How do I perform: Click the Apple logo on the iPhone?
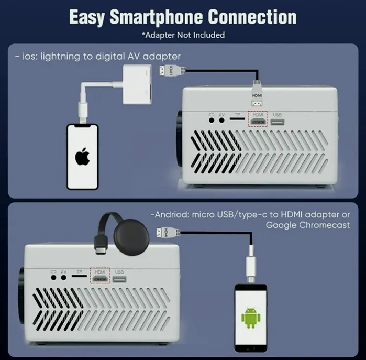pos(82,157)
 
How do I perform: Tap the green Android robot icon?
pos(251,318)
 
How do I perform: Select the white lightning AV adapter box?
pos(137,84)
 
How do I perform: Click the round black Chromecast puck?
pos(131,237)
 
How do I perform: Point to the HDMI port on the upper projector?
pos(258,122)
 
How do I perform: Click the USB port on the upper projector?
pos(278,122)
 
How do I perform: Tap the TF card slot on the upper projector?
pos(237,119)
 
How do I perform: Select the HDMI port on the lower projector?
pos(100,279)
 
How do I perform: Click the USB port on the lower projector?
pos(119,279)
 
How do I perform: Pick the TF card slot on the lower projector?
pos(79,276)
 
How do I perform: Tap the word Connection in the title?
pos(252,17)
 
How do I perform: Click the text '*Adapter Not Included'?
pos(183,35)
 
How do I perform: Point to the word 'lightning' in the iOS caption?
pos(60,57)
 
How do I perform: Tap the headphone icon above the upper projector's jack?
pos(212,114)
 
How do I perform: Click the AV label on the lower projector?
pos(63,272)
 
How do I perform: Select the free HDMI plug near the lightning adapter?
pos(173,70)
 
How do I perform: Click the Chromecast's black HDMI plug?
pos(101,245)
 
